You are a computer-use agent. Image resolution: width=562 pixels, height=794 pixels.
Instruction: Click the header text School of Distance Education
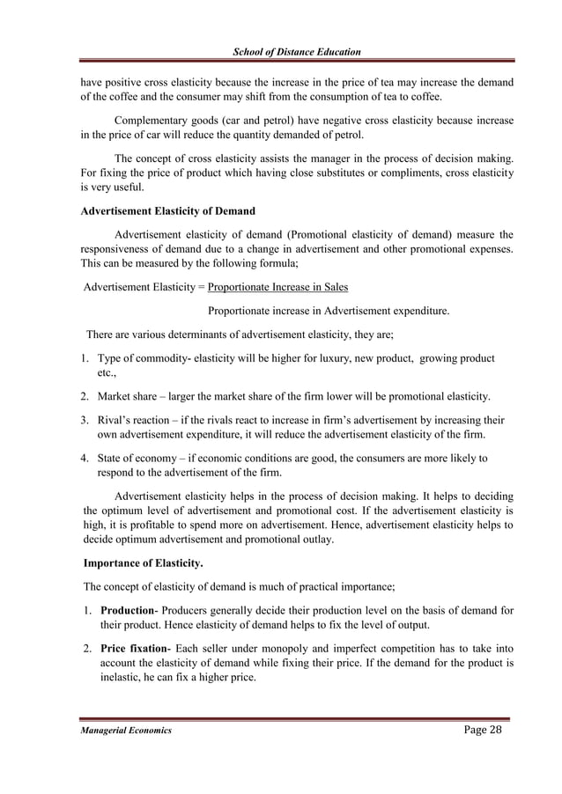[295, 52]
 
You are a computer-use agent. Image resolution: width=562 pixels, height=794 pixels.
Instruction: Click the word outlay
[314, 540]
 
